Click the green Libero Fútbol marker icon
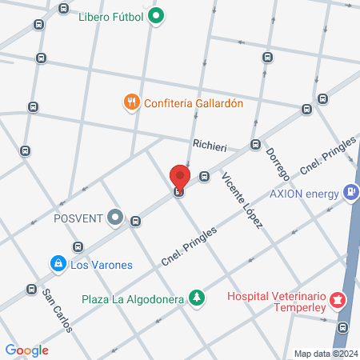158,14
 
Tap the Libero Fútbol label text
113,15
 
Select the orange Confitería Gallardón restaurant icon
131,102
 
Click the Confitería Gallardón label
193,102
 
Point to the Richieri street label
210,147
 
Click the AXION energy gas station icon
350,193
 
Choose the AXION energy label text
304,194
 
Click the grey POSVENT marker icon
116,217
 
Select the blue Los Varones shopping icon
58,263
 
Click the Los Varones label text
101,264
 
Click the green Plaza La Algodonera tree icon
196,298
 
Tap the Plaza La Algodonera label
133,299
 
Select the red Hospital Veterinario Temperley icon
337,301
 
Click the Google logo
27,350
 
